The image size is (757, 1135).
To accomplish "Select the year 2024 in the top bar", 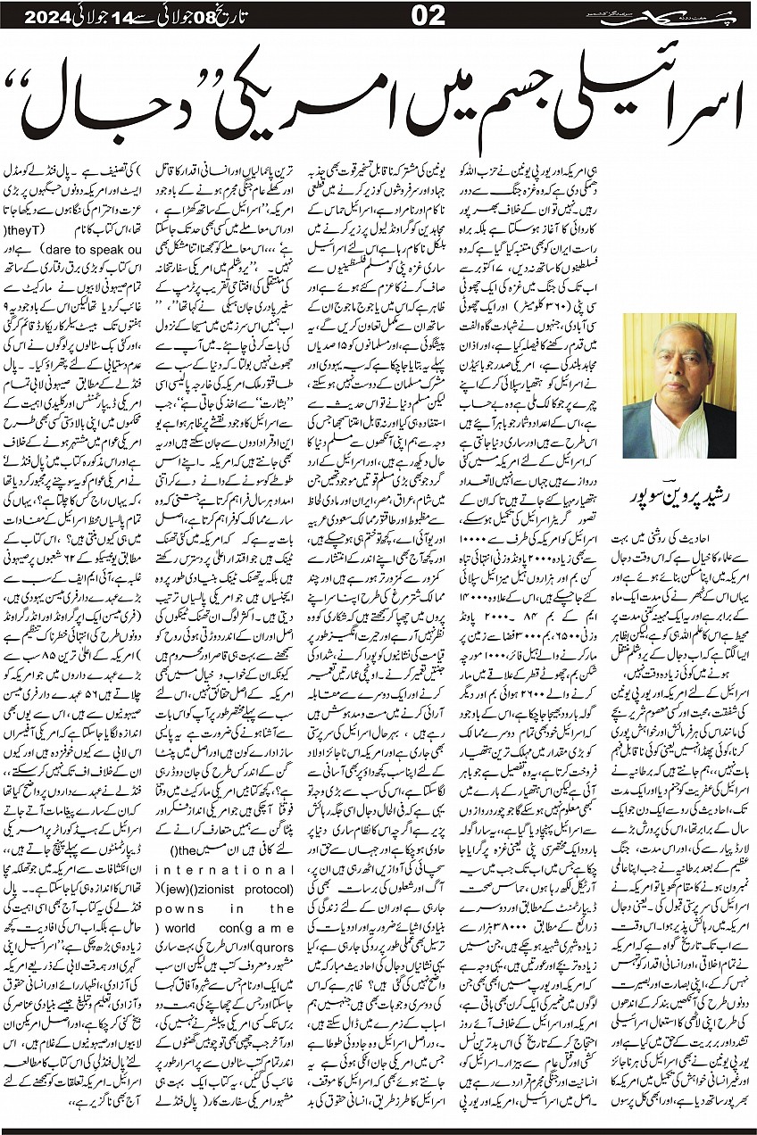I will pos(37,15).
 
